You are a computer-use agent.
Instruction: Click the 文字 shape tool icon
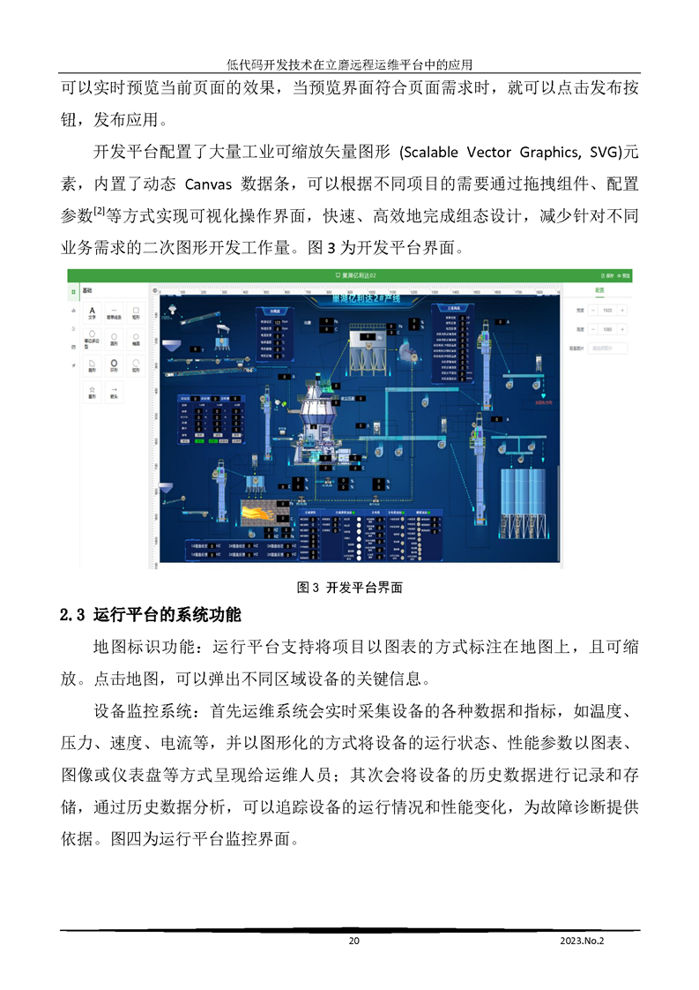point(92,312)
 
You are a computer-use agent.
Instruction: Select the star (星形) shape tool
point(92,392)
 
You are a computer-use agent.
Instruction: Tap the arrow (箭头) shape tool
point(114,392)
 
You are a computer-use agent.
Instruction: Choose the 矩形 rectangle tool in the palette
point(136,312)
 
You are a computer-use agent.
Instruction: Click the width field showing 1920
point(609,310)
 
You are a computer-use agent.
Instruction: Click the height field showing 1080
point(609,328)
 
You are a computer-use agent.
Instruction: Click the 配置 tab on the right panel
point(599,289)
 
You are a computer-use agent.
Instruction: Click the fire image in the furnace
point(264,514)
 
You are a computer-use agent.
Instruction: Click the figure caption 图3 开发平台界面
point(350,586)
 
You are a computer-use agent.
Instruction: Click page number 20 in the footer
point(353,941)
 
